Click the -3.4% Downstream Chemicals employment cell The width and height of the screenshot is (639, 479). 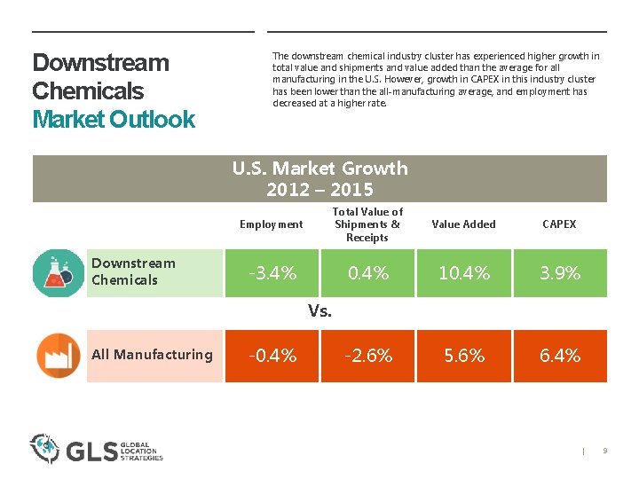coord(272,273)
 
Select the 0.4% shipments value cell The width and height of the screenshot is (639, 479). coord(368,273)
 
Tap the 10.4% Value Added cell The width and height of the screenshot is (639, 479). coord(464,273)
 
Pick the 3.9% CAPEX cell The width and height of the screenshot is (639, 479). coord(561,273)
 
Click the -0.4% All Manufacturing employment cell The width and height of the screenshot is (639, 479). coord(272,356)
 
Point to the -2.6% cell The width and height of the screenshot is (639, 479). coord(368,356)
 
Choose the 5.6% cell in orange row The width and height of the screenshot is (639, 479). coord(464,356)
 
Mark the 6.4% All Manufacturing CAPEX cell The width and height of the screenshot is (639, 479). coord(561,356)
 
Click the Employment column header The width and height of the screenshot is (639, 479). coord(271,224)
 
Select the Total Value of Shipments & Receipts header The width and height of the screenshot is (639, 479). coord(367,224)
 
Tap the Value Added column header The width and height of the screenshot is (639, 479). coord(463,224)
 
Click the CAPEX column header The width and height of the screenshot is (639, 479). coord(559,224)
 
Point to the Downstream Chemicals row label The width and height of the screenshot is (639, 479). coord(134,271)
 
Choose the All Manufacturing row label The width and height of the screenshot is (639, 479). coord(152,355)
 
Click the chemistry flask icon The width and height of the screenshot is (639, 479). coord(58,272)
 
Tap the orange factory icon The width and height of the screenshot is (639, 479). coord(58,355)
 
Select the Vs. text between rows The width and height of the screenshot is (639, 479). coord(319,311)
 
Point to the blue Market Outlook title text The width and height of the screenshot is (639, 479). coord(113,119)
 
